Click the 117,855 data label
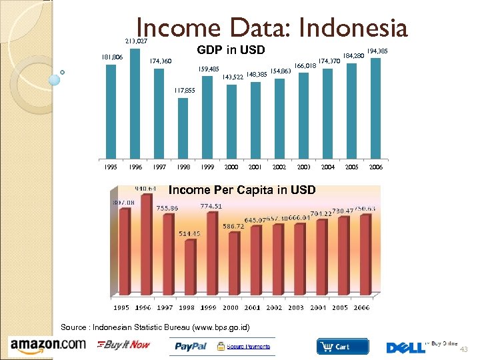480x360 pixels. tap(184, 91)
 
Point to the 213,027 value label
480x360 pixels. tap(136, 41)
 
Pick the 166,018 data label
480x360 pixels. tap(305, 66)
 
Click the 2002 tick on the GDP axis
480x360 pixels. tap(279, 167)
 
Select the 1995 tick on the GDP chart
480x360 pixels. tap(111, 167)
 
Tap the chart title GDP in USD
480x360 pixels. tap(231, 50)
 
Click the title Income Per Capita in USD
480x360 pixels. tap(242, 190)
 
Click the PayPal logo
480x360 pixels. tap(192, 347)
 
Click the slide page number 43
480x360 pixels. tap(465, 349)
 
